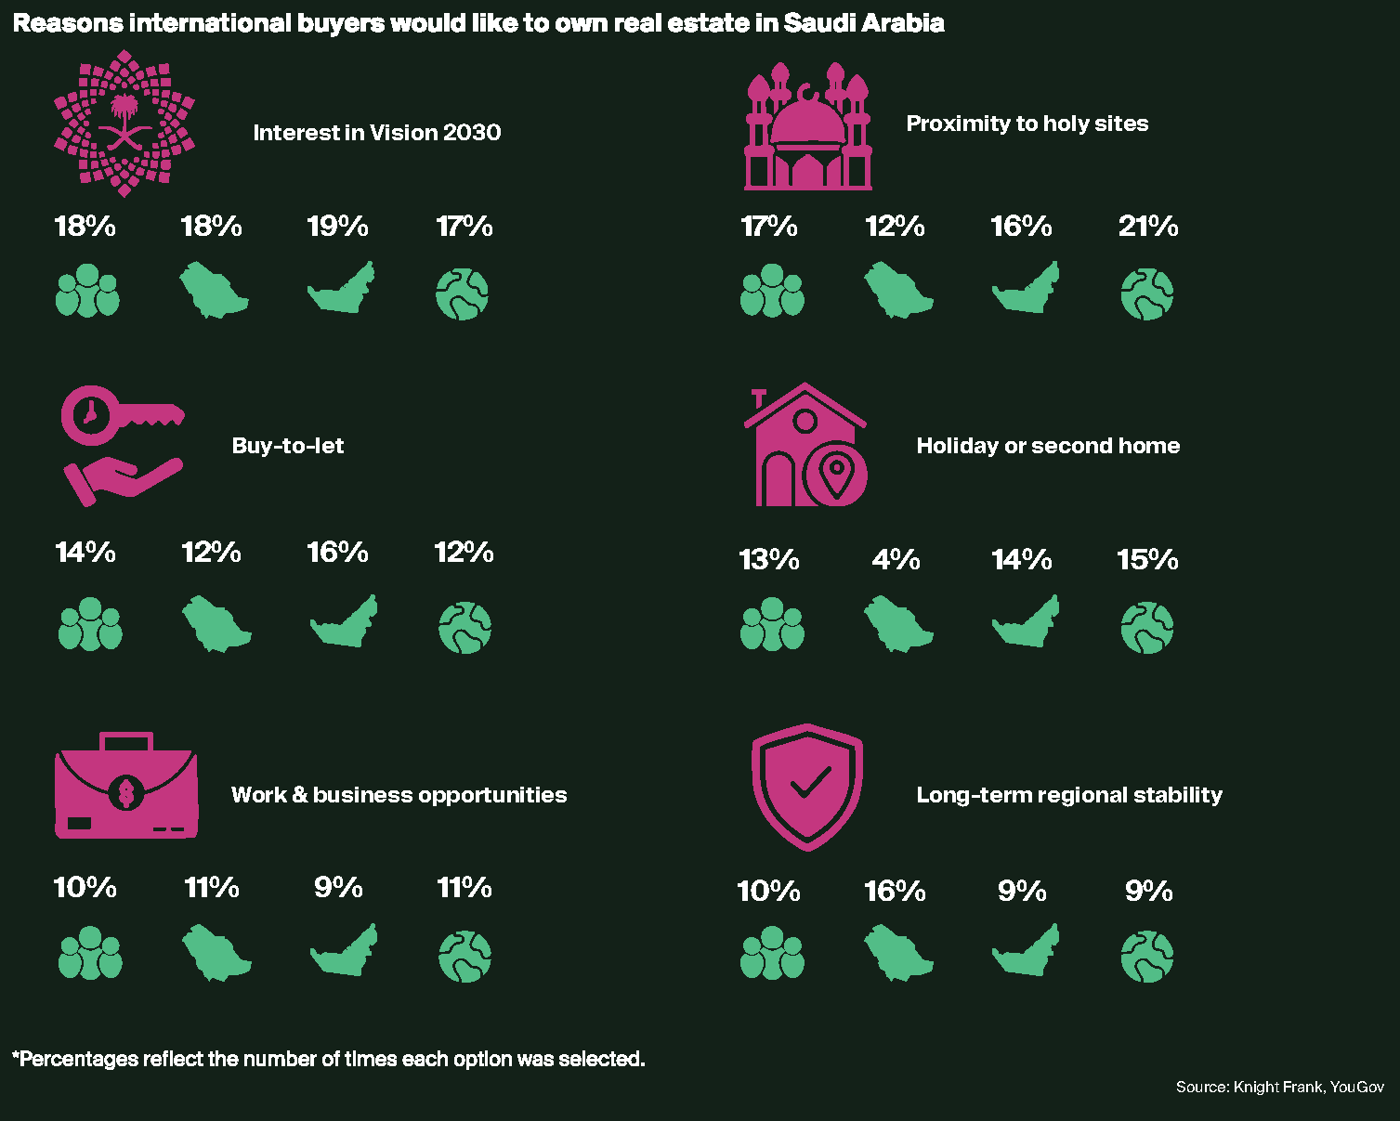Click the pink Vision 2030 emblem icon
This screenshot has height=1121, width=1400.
(x=124, y=124)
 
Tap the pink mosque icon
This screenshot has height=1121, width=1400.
(x=808, y=127)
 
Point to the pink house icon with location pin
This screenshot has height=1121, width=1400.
(x=806, y=446)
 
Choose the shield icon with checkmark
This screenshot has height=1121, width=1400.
(x=807, y=787)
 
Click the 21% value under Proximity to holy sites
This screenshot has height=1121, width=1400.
(x=1148, y=227)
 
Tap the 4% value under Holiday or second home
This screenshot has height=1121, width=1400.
(x=896, y=560)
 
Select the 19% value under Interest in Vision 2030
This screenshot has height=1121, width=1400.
(x=337, y=227)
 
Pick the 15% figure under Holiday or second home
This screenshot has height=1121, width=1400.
(x=1147, y=560)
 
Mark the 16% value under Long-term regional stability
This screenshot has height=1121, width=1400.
(x=895, y=892)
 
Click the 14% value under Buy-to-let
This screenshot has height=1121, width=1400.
(x=85, y=553)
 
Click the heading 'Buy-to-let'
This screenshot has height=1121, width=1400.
(x=288, y=446)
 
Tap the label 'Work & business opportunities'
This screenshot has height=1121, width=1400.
(x=399, y=795)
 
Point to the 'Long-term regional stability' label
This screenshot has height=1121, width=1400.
(x=1069, y=795)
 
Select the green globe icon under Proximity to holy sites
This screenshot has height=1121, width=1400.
(x=1147, y=294)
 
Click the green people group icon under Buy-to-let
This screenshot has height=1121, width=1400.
(x=90, y=624)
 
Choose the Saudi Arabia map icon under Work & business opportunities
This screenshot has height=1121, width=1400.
(x=216, y=953)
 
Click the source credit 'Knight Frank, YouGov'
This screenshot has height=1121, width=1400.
(x=1279, y=1087)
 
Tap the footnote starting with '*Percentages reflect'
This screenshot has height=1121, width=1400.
(x=328, y=1059)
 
